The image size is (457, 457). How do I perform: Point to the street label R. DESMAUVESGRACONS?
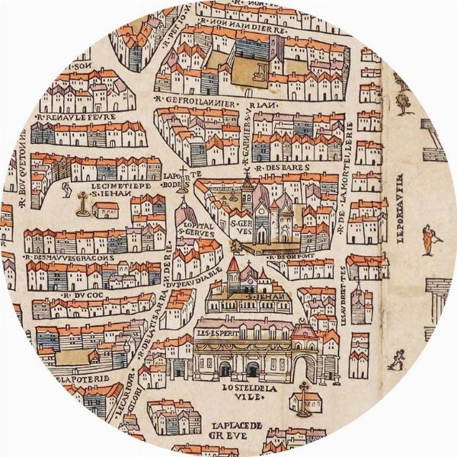pyautogui.click(x=71, y=257)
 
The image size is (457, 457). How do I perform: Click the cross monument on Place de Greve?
pyautogui.click(x=304, y=397)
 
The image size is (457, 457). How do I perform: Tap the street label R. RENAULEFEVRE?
pyautogui.click(x=70, y=120)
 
